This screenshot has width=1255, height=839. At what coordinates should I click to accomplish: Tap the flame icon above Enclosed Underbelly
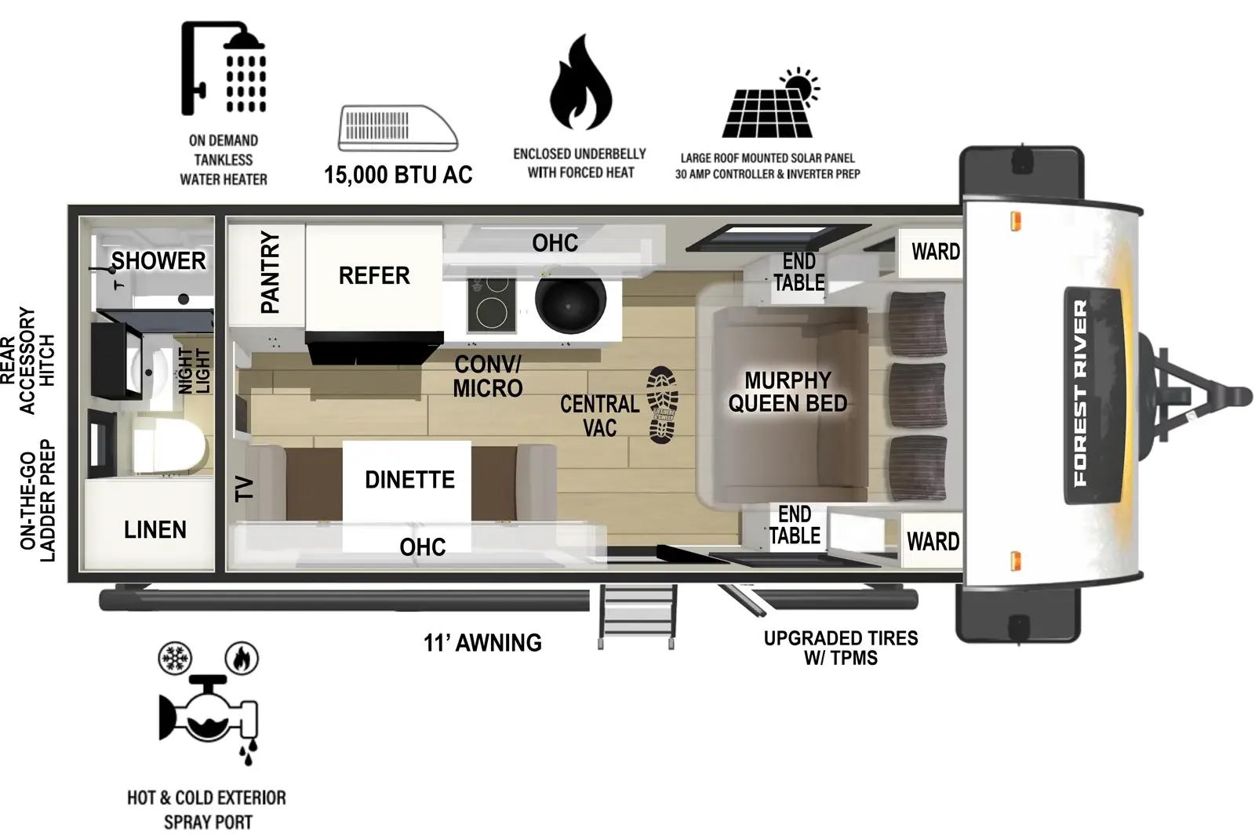tap(580, 84)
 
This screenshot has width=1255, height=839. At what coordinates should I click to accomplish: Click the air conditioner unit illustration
tap(398, 129)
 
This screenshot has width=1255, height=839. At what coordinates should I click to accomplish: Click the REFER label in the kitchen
tap(374, 276)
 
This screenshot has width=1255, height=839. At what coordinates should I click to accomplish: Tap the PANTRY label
tap(270, 272)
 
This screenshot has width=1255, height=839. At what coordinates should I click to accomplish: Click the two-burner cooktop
tap(492, 304)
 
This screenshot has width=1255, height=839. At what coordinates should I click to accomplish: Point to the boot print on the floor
tap(662, 405)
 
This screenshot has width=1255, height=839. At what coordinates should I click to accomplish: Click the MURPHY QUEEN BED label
tap(788, 392)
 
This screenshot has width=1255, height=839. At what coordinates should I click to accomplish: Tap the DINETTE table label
tap(409, 480)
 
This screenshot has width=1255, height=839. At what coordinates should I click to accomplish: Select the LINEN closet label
tap(155, 530)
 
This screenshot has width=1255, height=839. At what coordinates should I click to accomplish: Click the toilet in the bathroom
tap(169, 445)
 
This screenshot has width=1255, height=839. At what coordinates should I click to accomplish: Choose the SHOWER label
tap(158, 261)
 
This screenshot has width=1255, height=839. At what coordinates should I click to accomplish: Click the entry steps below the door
tap(638, 615)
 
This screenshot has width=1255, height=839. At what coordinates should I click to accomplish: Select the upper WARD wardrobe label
tap(935, 252)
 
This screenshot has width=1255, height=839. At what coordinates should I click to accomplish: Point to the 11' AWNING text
tap(482, 643)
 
